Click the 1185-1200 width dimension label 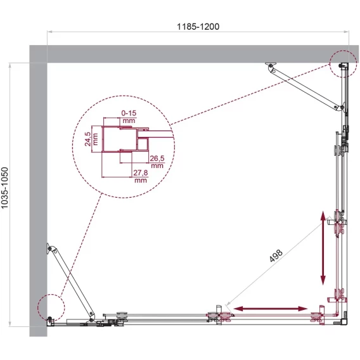[x=198, y=27]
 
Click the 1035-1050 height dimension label [x=5, y=188]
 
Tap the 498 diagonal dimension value [x=276, y=255]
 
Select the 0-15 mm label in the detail [x=129, y=117]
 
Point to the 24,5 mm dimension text [x=91, y=139]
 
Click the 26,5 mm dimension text [x=157, y=162]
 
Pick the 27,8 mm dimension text [x=141, y=176]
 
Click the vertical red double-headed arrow [x=323, y=248]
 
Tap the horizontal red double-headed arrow [x=270, y=309]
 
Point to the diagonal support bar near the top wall [x=305, y=87]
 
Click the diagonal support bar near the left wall [x=71, y=283]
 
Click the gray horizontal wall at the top [x=194, y=54]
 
